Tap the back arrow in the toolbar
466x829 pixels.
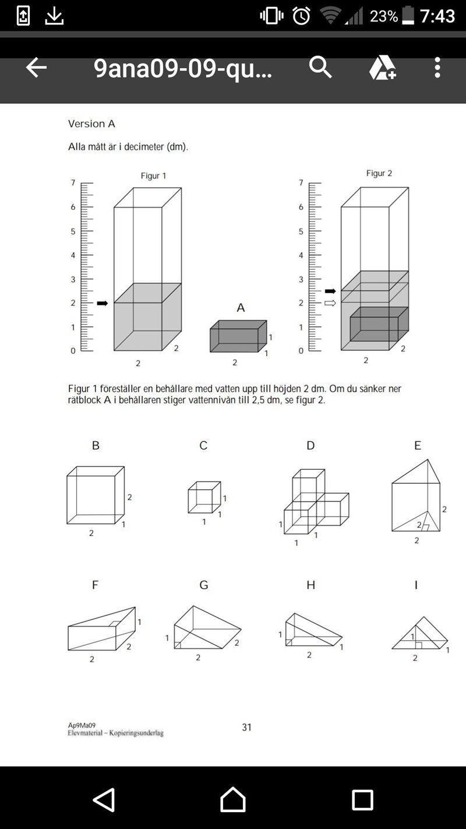click(x=36, y=68)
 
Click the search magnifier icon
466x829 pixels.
click(x=320, y=68)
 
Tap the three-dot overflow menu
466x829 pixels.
click(x=437, y=68)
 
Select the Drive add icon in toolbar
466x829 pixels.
click(x=382, y=68)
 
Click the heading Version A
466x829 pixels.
click(x=91, y=124)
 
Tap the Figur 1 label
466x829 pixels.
click(x=153, y=175)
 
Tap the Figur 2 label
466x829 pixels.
click(x=379, y=173)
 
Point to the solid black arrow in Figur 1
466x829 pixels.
click(x=103, y=303)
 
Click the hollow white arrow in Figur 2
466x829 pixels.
click(x=330, y=303)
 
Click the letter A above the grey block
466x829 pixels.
click(x=241, y=308)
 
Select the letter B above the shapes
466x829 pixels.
click(x=96, y=445)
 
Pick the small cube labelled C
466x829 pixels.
click(x=204, y=497)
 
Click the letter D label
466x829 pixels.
click(x=310, y=445)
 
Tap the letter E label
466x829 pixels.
click(x=417, y=445)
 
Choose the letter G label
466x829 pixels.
click(x=203, y=585)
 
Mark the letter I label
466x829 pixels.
click(x=416, y=585)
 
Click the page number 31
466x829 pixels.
click(x=247, y=727)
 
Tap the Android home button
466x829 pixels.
click(x=233, y=799)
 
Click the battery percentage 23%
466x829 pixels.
click(x=384, y=16)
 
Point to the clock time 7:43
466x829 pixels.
click(x=437, y=16)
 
